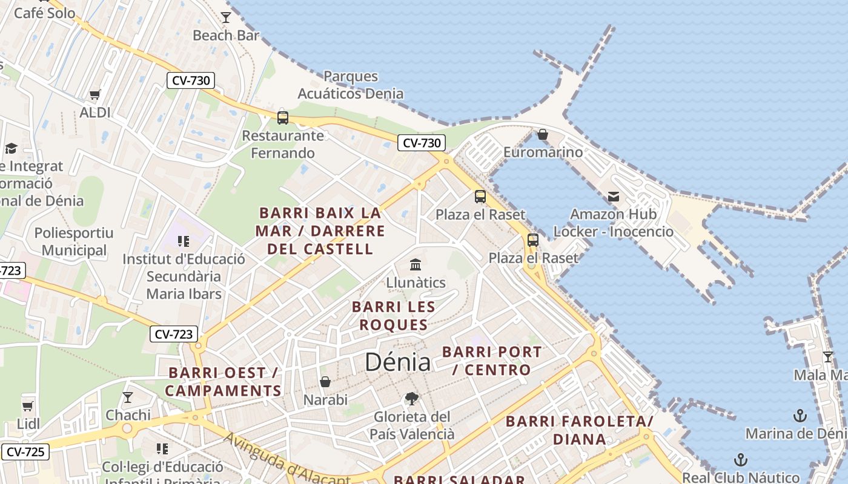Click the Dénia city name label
coord(397,362)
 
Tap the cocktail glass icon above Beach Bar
coord(226,17)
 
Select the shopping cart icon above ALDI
coord(94,94)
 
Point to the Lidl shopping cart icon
coord(27,405)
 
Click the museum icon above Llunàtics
coord(416,264)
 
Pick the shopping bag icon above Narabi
coord(325,382)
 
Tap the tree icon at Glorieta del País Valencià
coord(412,398)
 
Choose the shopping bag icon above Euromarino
coord(543,134)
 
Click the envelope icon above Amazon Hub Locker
coord(614,196)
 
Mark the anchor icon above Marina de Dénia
coord(800,415)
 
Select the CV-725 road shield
coord(25,451)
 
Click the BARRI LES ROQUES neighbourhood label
coord(394,316)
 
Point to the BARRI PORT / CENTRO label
coord(492,361)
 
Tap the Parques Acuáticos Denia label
coord(350,85)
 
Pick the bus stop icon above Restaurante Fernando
coord(283,117)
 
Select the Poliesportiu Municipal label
coord(74,241)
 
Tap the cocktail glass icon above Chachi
coord(128,397)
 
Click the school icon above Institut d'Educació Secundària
coord(184,241)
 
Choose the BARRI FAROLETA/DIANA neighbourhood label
coord(579,430)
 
